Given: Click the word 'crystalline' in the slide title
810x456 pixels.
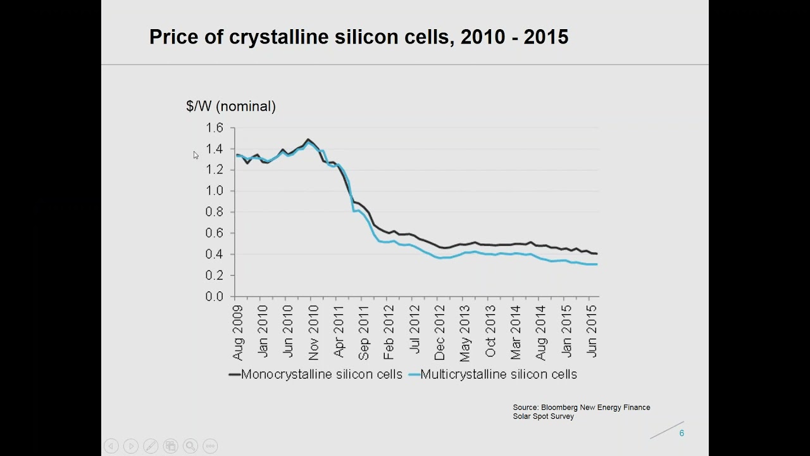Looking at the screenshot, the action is point(278,37).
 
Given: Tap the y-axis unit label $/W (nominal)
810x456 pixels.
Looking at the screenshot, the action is point(231,106).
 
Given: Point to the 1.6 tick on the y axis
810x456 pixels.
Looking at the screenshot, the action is point(215,128).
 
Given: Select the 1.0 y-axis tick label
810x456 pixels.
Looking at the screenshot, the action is point(215,191).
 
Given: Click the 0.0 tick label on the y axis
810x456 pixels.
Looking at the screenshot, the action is point(215,296).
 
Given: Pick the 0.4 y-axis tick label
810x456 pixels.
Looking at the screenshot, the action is point(215,254).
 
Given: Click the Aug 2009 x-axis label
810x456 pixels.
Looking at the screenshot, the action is point(237,332).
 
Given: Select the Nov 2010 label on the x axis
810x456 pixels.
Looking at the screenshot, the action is point(313,332).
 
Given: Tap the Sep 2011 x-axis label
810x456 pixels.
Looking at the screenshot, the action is point(364,332).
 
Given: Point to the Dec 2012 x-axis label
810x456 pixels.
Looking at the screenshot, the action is point(440,332).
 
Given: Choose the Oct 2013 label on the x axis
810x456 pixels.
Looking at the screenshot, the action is point(490,331).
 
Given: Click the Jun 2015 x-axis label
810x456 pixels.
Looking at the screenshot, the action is point(592,331).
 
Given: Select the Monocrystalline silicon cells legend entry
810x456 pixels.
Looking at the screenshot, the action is point(315,374).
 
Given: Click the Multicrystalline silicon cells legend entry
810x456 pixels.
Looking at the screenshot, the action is point(492,374).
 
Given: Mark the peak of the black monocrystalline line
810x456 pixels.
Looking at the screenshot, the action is point(308,139).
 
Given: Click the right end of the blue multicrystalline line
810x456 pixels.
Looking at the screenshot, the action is point(597,265).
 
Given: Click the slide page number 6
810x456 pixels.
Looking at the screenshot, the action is point(682,433).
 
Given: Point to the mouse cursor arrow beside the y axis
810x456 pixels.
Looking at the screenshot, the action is point(196,155).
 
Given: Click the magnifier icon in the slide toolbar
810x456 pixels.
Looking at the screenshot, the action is point(190,446).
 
